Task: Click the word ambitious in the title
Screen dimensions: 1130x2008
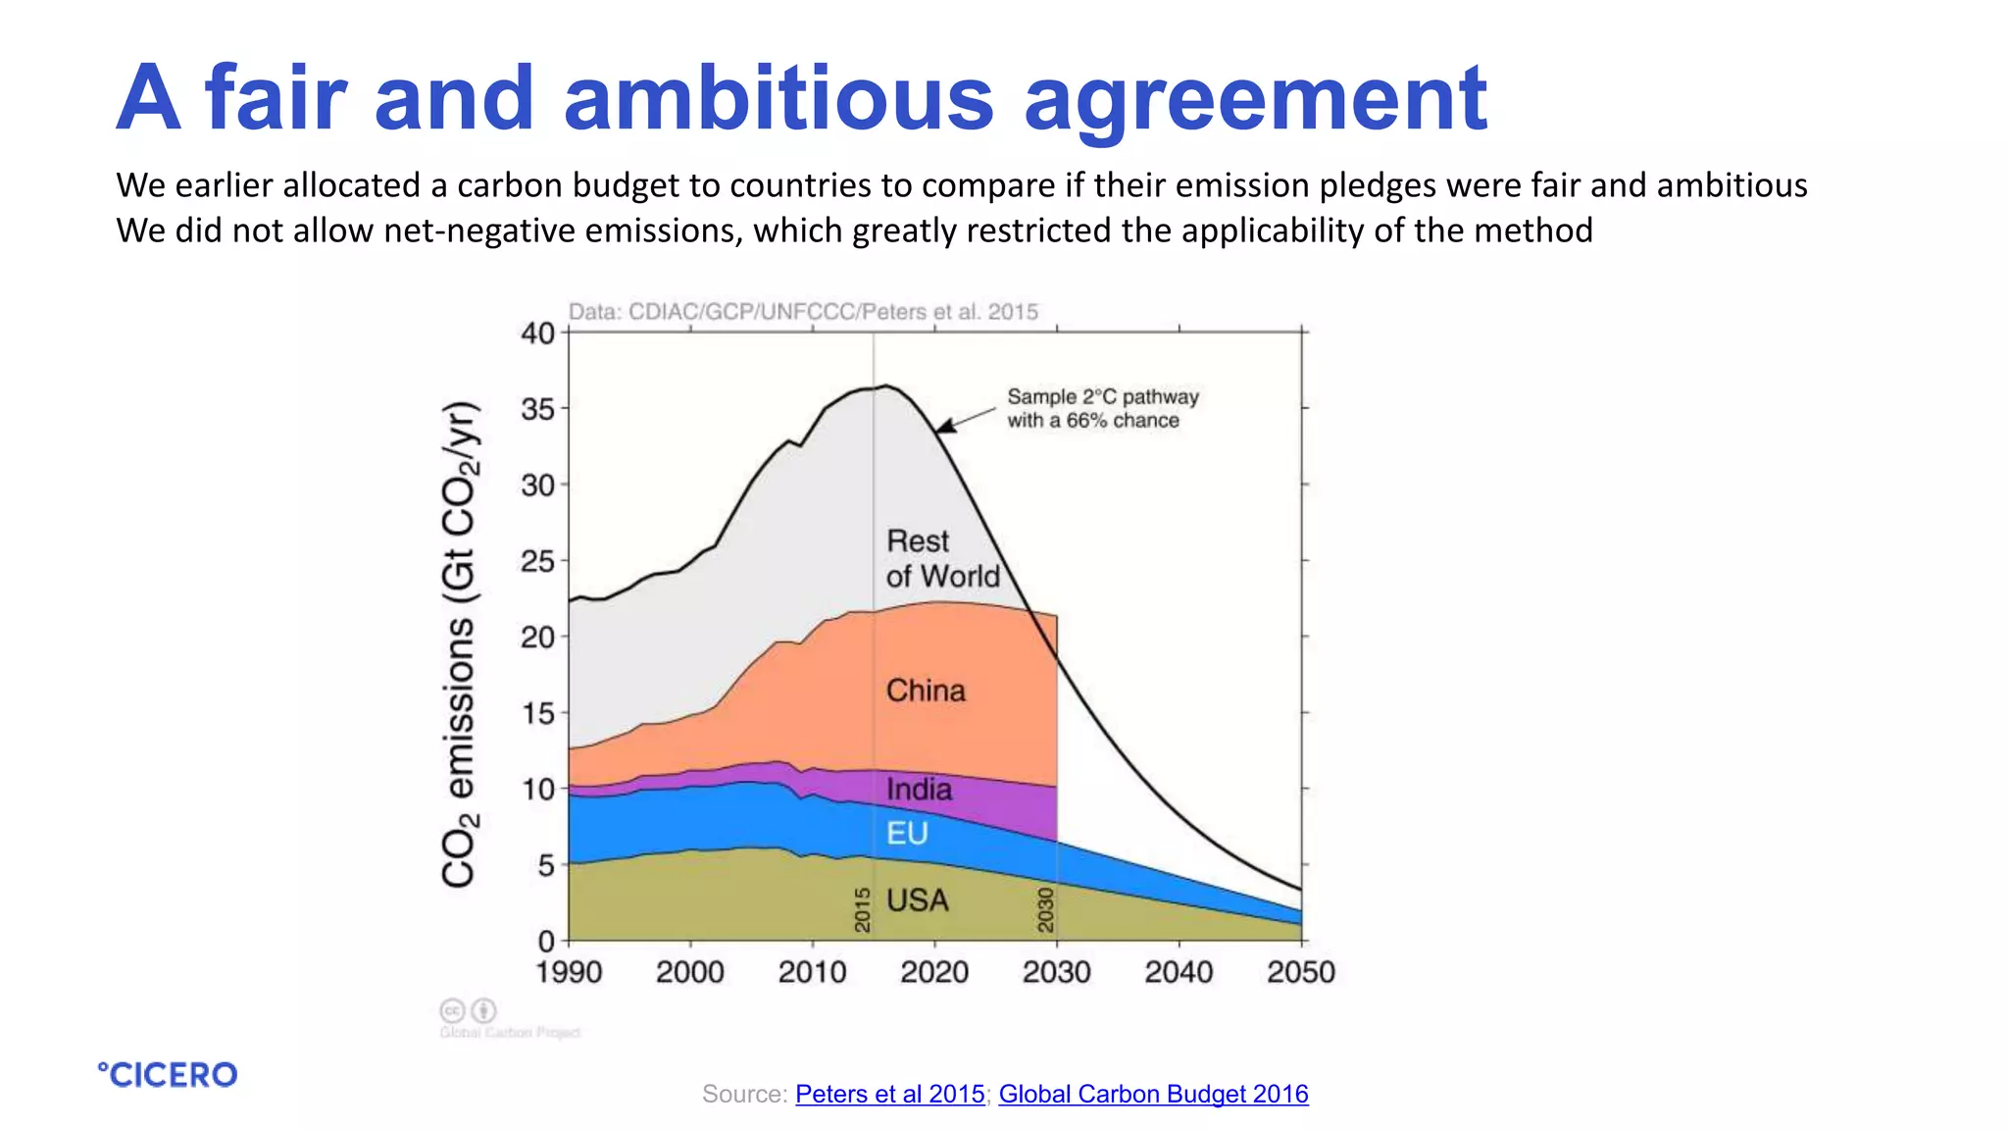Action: (778, 98)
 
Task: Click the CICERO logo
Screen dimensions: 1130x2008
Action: (168, 1075)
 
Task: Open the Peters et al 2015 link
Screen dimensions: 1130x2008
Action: (889, 1094)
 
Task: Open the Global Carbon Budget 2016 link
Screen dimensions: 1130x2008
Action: (1153, 1094)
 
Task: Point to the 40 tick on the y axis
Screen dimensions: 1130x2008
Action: (537, 334)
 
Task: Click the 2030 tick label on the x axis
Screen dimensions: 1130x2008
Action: (1056, 972)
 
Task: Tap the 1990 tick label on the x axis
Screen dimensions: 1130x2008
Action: (569, 972)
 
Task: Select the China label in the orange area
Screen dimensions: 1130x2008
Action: (926, 691)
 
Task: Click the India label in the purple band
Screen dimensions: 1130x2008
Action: (919, 790)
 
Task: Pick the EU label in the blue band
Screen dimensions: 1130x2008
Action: (907, 834)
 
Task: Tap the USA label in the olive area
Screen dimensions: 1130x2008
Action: (917, 900)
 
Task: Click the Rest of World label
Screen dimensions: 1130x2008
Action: (941, 558)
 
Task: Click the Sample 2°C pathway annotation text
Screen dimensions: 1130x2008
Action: (1102, 408)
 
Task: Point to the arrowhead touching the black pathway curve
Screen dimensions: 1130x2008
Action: (943, 427)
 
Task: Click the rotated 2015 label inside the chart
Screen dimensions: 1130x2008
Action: (863, 909)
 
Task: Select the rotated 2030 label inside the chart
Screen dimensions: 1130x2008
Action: (1045, 909)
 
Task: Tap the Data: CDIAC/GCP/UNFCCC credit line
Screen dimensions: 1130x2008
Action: (803, 312)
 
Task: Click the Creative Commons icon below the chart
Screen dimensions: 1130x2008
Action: (452, 1010)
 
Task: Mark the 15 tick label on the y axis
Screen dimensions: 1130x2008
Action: (537, 713)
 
